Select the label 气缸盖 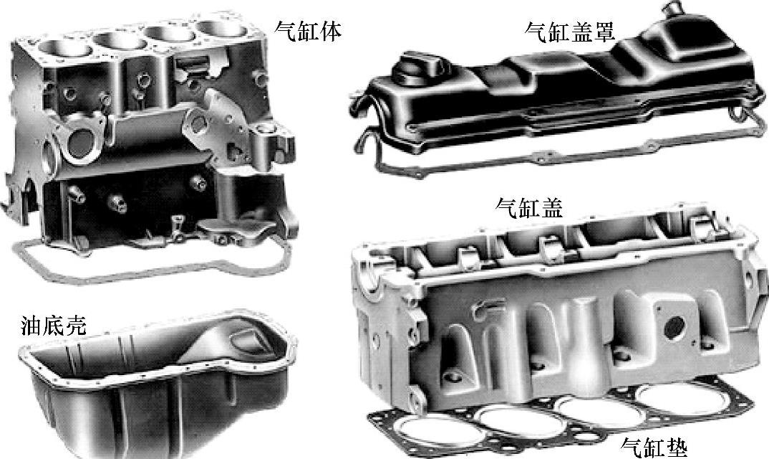(x=529, y=207)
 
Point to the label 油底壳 (x=54, y=325)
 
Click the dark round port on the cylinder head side (x=674, y=327)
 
